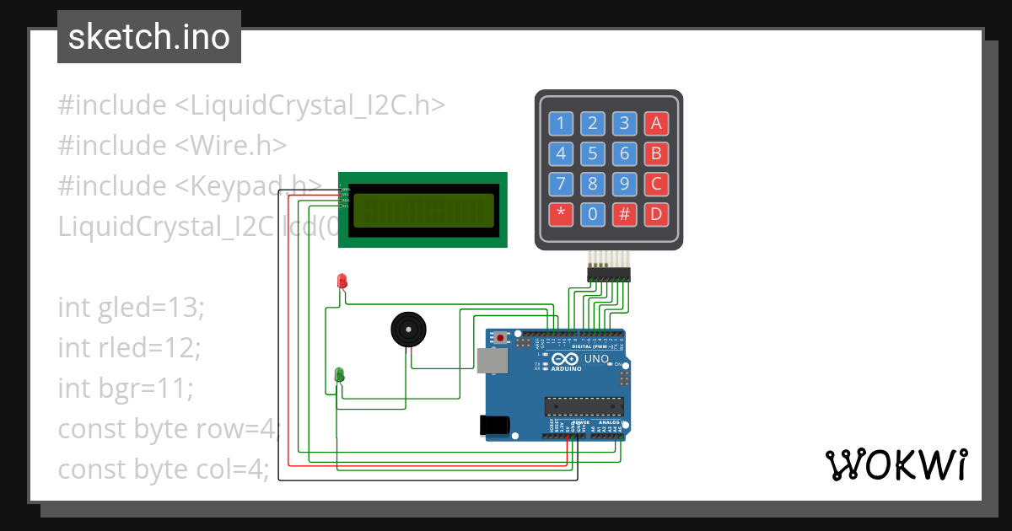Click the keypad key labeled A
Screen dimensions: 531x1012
click(655, 124)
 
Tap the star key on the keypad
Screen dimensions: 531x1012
click(561, 214)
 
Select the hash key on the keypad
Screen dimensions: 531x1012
click(624, 214)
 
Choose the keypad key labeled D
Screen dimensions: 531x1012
click(655, 214)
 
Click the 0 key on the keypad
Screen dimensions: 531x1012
click(593, 214)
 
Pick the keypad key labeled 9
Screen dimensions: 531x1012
click(624, 184)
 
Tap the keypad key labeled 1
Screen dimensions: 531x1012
click(561, 124)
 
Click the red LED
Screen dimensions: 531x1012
click(342, 281)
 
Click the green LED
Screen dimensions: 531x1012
click(339, 374)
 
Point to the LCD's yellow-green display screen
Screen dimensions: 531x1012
click(423, 211)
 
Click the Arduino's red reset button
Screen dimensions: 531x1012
click(501, 339)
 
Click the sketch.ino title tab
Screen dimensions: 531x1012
click(149, 37)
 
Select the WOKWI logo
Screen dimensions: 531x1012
click(896, 464)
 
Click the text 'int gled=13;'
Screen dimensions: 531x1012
click(131, 307)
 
